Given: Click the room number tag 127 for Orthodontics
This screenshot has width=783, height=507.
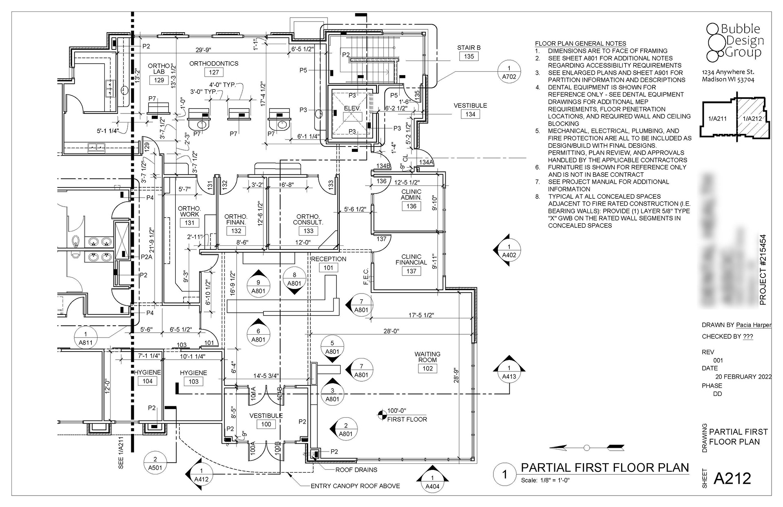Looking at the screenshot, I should click(214, 72).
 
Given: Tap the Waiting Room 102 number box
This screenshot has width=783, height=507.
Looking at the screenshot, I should click(427, 368).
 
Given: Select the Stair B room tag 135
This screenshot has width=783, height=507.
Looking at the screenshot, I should click(469, 56).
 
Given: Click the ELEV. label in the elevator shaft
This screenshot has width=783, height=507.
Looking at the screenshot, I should click(352, 109).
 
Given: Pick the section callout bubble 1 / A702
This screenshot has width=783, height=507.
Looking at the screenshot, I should click(509, 72).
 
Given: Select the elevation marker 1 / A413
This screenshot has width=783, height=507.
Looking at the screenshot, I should click(509, 372).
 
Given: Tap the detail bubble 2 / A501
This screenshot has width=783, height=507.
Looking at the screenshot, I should click(155, 463).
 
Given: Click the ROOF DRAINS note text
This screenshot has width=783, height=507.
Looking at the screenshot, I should click(356, 470).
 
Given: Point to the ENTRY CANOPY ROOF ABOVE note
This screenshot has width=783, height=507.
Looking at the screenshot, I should click(355, 486).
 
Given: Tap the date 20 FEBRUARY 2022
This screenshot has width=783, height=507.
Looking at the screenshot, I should click(743, 377).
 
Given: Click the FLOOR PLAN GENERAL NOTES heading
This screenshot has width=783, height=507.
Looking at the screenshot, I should click(580, 44).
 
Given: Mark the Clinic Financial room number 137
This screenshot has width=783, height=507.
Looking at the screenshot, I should click(411, 271).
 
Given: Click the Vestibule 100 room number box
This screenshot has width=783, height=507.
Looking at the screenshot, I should click(266, 424).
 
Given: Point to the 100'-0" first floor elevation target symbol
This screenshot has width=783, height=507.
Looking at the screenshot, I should click(382, 415).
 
